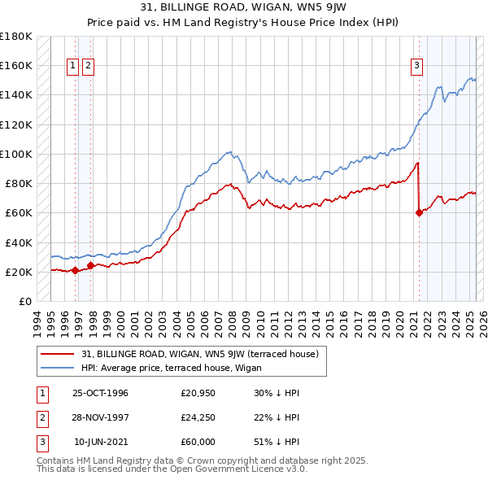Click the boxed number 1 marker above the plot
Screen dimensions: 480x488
coord(73,67)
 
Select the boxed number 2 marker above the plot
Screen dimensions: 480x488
coord(88,67)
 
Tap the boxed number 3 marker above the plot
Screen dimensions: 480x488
coord(416,67)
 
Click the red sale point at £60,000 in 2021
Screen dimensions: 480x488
coord(420,213)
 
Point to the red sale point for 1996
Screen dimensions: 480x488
coord(75,271)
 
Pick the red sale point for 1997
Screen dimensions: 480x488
coord(90,265)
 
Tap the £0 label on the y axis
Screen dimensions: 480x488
coord(24,301)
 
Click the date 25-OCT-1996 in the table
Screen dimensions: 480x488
coord(100,393)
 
